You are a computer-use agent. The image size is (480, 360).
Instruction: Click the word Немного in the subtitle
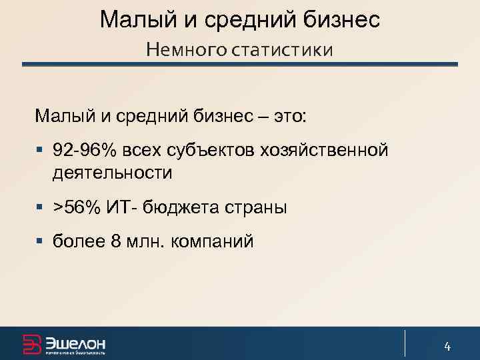(x=186, y=49)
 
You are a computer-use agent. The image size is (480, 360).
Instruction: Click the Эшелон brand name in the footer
(x=75, y=343)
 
